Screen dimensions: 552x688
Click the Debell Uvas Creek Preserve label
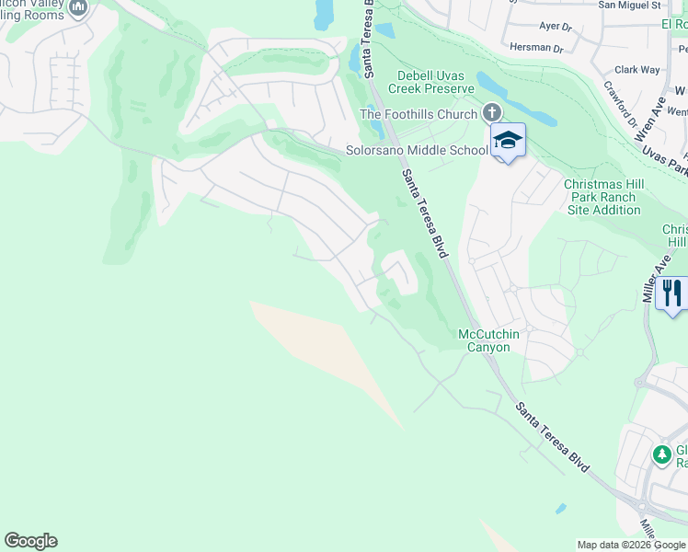pyautogui.click(x=435, y=82)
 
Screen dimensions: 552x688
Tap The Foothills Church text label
pyautogui.click(x=419, y=114)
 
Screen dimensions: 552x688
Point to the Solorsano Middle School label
pyautogui.click(x=417, y=150)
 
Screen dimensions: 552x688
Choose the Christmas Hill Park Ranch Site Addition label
pyautogui.click(x=603, y=197)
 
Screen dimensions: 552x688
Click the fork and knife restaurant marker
pyautogui.click(x=674, y=293)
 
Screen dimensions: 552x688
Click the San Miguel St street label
pyautogui.click(x=629, y=6)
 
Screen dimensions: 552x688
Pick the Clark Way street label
pyautogui.click(x=637, y=69)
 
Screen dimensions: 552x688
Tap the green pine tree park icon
pyautogui.click(x=660, y=454)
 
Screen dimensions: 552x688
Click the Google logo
pyautogui.click(x=30, y=541)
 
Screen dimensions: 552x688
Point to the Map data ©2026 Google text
pyautogui.click(x=631, y=545)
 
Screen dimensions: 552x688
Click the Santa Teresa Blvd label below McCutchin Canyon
pyautogui.click(x=552, y=438)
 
